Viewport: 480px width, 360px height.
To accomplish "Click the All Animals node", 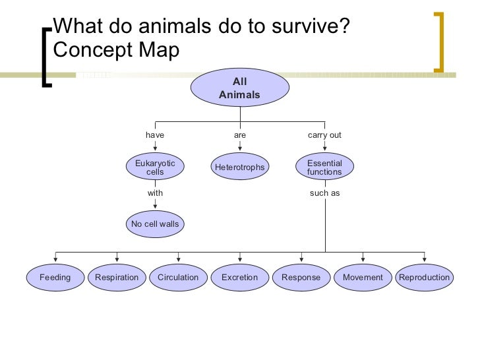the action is [239, 88].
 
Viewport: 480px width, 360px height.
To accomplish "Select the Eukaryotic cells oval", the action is [155, 167].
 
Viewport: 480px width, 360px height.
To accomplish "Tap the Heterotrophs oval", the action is [239, 167].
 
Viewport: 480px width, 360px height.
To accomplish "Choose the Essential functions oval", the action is [324, 167].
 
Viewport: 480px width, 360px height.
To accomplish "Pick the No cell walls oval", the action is [155, 224].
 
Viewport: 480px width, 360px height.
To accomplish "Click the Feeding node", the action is [55, 278].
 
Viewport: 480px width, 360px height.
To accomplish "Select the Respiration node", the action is [117, 278].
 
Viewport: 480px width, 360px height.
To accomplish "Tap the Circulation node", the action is [178, 278].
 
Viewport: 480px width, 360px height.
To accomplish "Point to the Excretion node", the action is [239, 278].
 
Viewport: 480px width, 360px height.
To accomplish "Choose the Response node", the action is [301, 278].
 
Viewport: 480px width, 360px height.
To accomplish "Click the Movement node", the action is [363, 278].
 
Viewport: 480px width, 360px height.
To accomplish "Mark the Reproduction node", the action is [424, 278].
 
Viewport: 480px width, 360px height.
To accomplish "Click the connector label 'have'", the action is [155, 135].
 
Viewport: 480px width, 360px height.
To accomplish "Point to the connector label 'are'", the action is [240, 135].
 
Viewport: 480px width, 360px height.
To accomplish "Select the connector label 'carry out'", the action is [324, 135].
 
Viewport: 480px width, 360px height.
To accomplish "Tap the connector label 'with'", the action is [155, 193].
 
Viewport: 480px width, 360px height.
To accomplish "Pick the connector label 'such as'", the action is [324, 193].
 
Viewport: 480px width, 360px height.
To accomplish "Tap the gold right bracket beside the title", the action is [440, 41].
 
